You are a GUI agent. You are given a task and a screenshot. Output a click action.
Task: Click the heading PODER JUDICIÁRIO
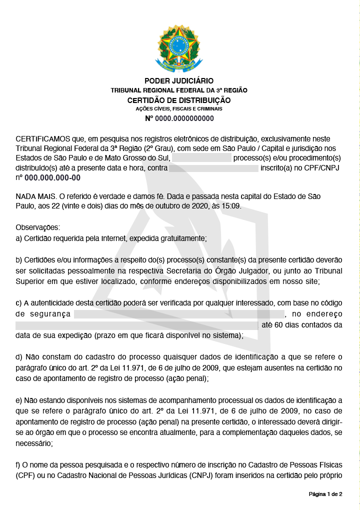(179, 81)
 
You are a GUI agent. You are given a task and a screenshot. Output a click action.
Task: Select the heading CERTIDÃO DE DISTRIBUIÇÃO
(179, 100)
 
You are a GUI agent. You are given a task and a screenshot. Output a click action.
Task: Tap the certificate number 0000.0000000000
(184, 118)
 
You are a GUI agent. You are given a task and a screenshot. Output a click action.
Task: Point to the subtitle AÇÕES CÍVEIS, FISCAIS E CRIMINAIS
(179, 109)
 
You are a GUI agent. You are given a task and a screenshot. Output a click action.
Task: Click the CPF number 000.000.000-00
(52, 177)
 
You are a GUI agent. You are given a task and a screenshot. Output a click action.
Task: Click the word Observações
(37, 228)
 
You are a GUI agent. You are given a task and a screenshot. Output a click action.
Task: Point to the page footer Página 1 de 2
(325, 494)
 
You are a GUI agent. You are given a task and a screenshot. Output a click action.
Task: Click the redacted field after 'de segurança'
(179, 314)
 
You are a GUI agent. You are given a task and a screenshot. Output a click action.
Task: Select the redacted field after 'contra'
(213, 168)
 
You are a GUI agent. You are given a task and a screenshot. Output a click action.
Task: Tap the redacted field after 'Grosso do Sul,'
(202, 158)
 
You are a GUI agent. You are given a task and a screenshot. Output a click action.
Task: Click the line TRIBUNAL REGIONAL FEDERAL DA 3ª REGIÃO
(179, 90)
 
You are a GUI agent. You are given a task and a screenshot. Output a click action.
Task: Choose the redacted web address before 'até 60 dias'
(137, 325)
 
